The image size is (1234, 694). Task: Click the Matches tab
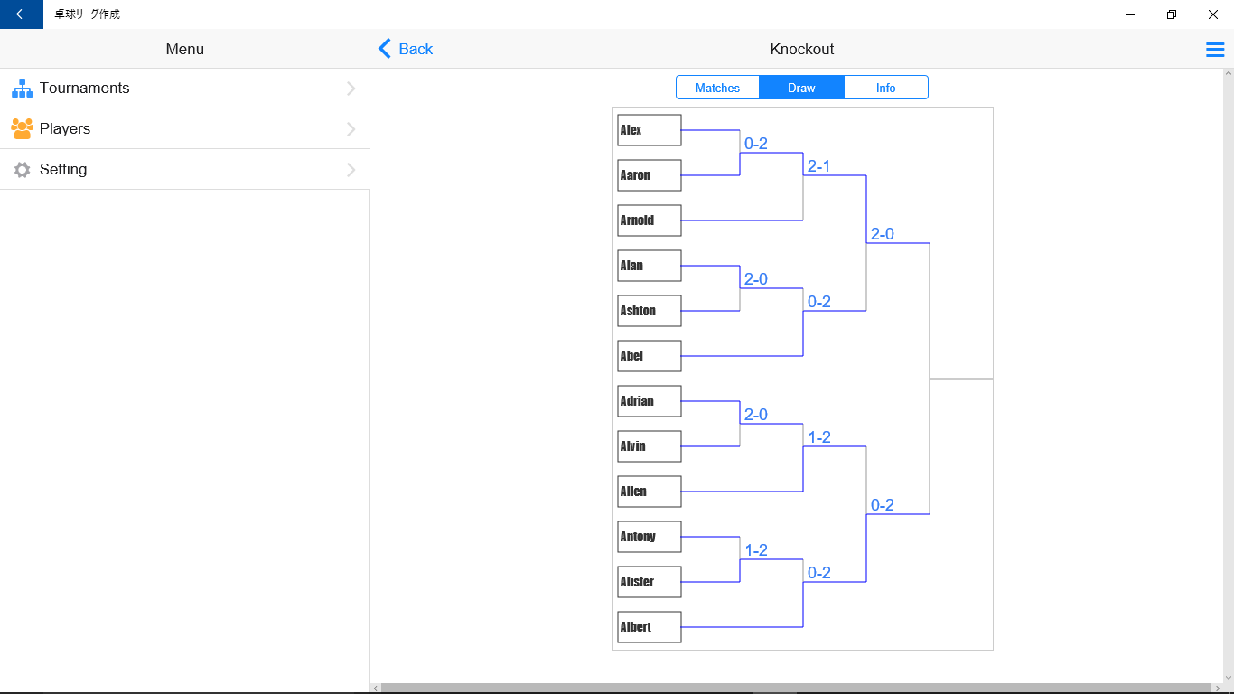[717, 88]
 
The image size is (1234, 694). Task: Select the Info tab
[886, 88]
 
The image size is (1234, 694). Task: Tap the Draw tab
[801, 88]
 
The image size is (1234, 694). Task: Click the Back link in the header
[406, 49]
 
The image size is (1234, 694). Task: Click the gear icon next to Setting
[22, 169]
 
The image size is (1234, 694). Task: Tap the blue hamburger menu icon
[1215, 50]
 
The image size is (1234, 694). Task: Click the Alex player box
[650, 130]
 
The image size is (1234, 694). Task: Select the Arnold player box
[650, 220]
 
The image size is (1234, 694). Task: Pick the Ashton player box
[650, 311]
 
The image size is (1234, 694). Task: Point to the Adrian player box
[650, 401]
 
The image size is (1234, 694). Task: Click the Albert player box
[650, 627]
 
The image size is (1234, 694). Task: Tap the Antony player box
[650, 537]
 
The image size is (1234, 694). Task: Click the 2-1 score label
[818, 166]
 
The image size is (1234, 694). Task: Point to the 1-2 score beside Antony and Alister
[756, 550]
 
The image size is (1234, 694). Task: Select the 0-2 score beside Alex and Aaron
[756, 144]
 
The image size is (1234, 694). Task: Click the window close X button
[1213, 14]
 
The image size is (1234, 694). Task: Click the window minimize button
[1130, 14]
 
